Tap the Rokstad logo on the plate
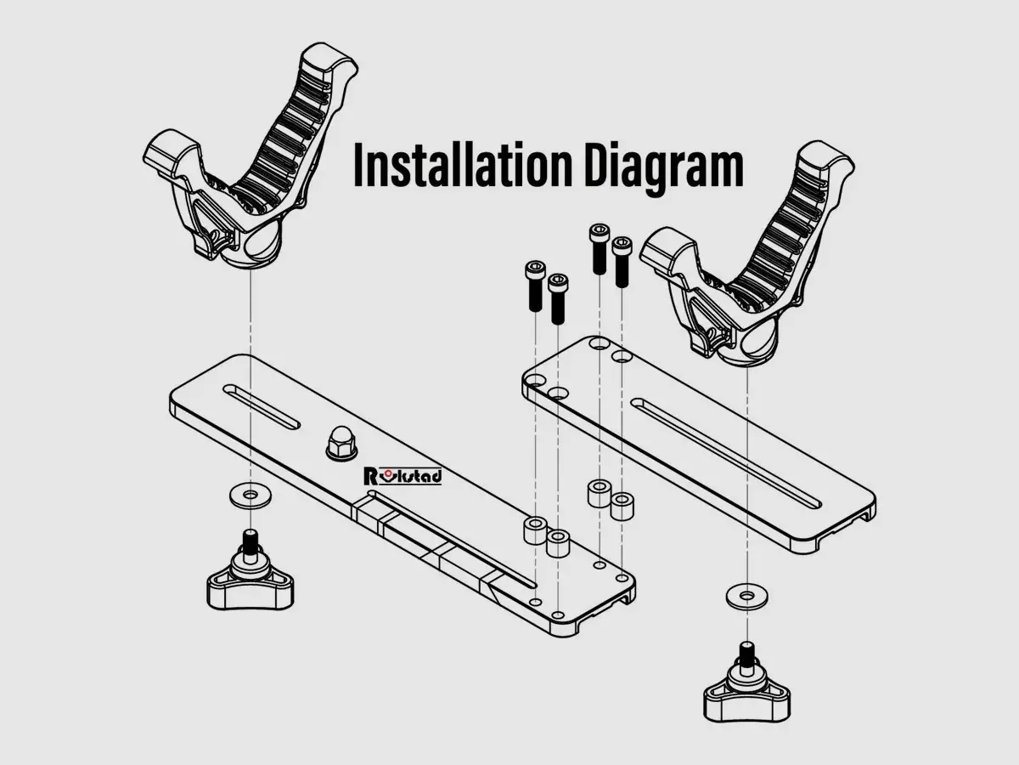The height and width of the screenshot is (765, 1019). point(403,476)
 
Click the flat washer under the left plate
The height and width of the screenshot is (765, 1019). point(251,496)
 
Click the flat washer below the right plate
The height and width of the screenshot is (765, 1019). point(746,596)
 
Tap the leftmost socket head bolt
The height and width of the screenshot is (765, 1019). point(535,286)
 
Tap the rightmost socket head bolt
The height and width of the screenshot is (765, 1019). point(622,262)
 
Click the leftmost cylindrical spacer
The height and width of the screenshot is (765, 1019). point(535,530)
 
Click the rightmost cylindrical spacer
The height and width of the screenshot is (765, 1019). point(621,507)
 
